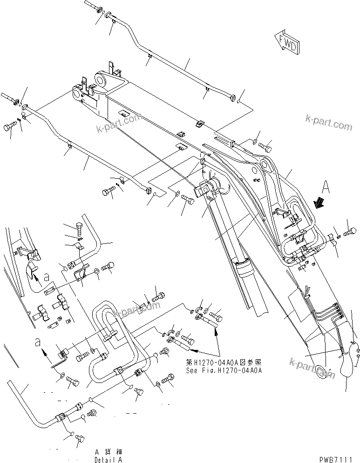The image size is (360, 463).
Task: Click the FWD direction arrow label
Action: click(285, 42)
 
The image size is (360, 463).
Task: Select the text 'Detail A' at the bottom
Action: click(108, 459)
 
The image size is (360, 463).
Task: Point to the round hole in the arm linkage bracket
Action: click(265, 165)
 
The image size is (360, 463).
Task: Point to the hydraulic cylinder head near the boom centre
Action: click(207, 189)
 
